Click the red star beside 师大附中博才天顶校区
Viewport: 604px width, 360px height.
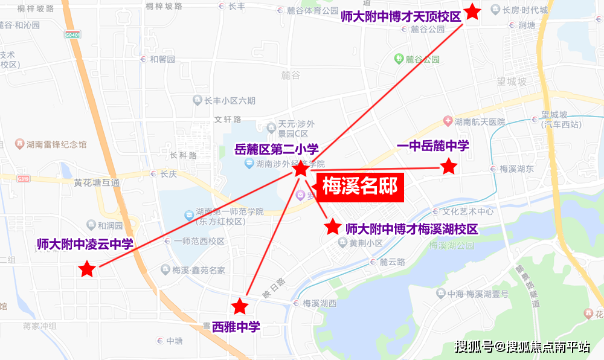pos(472,12)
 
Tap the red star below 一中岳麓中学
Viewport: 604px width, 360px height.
pos(448,167)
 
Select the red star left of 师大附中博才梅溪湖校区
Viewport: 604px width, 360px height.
pos(333,227)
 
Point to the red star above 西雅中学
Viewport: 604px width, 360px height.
pos(240,306)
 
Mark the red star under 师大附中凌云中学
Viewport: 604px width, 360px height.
pos(88,269)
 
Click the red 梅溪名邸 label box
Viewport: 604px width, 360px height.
pos(360,187)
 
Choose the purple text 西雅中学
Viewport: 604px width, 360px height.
pos(236,327)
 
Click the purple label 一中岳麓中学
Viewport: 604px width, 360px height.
pos(432,146)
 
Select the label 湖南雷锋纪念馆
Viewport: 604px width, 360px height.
pos(56,144)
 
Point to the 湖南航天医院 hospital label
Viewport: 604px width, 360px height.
pos(480,122)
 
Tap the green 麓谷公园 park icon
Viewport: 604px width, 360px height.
pos(399,59)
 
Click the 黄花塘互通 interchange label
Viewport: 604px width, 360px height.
pos(97,182)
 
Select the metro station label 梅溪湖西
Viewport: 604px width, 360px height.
pos(319,303)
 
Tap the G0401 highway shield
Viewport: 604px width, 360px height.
pos(73,36)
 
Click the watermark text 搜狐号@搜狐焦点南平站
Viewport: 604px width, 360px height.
pos(522,347)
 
